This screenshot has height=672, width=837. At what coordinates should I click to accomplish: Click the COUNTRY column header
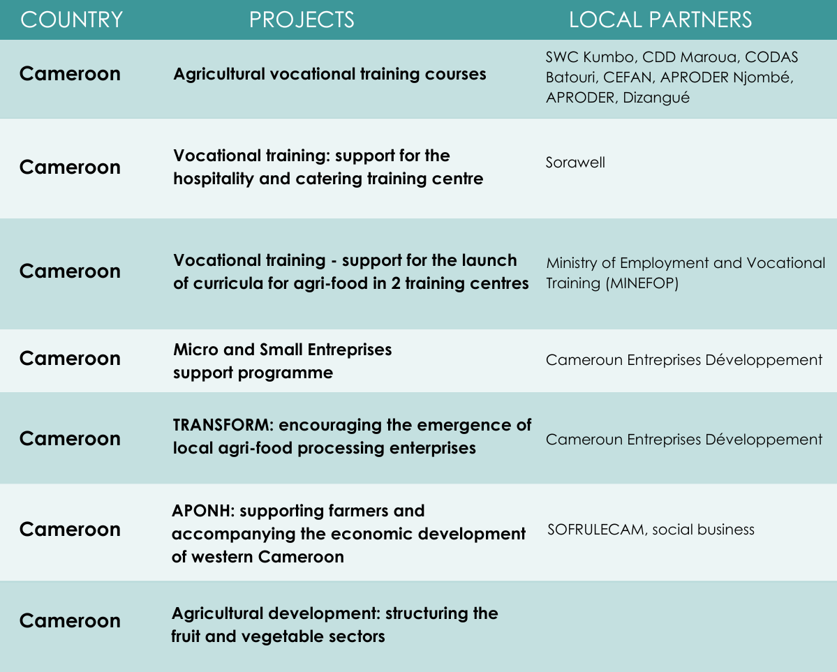tap(71, 20)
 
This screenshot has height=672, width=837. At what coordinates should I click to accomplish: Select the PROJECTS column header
tap(302, 20)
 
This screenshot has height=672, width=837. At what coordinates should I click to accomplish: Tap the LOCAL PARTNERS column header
tap(660, 20)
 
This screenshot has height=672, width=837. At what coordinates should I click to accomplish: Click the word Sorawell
tap(575, 163)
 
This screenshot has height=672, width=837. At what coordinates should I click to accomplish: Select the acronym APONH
tap(203, 511)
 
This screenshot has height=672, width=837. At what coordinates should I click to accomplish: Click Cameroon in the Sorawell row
tap(70, 167)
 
